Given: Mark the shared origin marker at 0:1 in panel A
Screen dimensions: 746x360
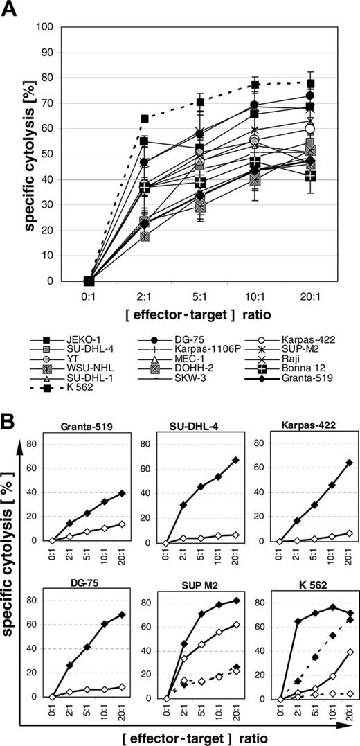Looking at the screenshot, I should (x=89, y=281).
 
